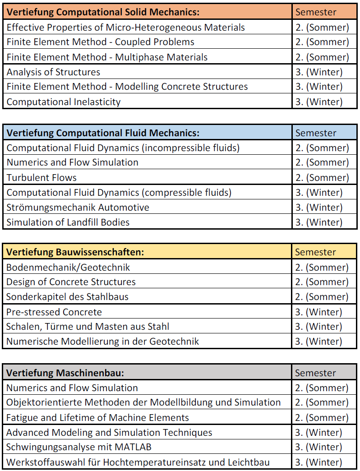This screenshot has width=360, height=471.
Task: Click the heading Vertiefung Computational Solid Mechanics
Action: coord(103,12)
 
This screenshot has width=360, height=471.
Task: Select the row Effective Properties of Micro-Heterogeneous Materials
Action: coord(125,28)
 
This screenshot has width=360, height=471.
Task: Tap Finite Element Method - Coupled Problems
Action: coord(100,42)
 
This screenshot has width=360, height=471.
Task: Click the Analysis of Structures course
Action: coord(53,72)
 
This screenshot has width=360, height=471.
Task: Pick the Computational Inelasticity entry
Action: coord(64,102)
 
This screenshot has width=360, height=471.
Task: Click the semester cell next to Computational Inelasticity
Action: coord(319,102)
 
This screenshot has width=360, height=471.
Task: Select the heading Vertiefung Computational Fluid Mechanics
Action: coord(103,133)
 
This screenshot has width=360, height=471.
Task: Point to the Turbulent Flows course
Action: coord(42,178)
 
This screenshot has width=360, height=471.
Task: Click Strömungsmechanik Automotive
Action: coord(78,208)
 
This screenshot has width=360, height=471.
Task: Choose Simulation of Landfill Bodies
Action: coord(68,222)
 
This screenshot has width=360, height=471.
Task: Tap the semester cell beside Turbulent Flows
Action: coord(322,178)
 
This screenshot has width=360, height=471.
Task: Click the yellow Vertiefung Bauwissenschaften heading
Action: coord(75,252)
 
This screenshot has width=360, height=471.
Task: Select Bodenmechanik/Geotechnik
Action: coord(68,268)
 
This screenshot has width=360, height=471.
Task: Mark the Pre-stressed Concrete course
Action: coord(54,312)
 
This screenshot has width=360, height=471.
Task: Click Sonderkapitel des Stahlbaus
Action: coord(67,297)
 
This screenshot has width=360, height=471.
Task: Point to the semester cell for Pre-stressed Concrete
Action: coord(318,312)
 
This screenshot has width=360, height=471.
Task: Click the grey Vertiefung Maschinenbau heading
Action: coord(65,373)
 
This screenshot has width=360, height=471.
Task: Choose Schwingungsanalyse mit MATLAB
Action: coord(79,447)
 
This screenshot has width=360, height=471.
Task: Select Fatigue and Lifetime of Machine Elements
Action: coord(97,418)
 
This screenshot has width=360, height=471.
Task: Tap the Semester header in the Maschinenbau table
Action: coord(315,373)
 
